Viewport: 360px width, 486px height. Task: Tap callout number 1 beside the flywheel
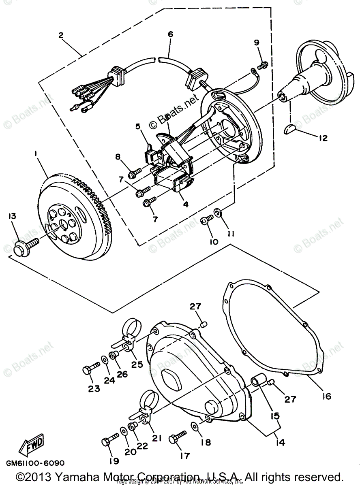point(36,154)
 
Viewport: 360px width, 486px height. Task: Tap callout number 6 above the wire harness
point(170,35)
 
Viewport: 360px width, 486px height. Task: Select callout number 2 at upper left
point(60,35)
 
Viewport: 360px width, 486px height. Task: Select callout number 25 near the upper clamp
point(137,364)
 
